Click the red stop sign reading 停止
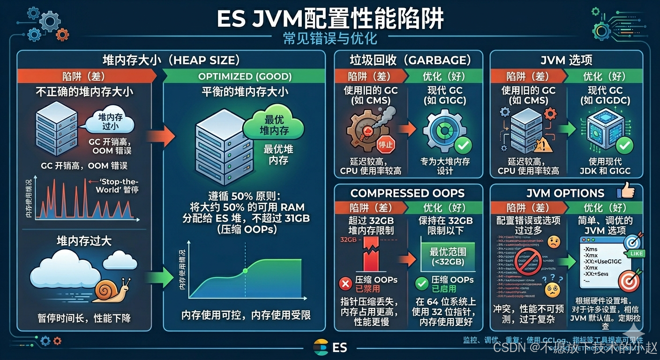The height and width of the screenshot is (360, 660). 385,144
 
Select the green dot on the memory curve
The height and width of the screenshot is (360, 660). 245,271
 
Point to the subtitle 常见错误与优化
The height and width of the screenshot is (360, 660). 330,38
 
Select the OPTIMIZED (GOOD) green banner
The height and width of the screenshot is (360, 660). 245,76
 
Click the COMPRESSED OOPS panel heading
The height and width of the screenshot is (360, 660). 407,193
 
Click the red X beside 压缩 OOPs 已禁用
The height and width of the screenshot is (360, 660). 345,283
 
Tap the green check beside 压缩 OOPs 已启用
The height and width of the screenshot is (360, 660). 421,283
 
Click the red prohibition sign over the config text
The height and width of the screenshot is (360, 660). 528,261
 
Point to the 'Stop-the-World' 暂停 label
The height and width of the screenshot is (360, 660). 117,186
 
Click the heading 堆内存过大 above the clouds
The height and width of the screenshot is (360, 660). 84,241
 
